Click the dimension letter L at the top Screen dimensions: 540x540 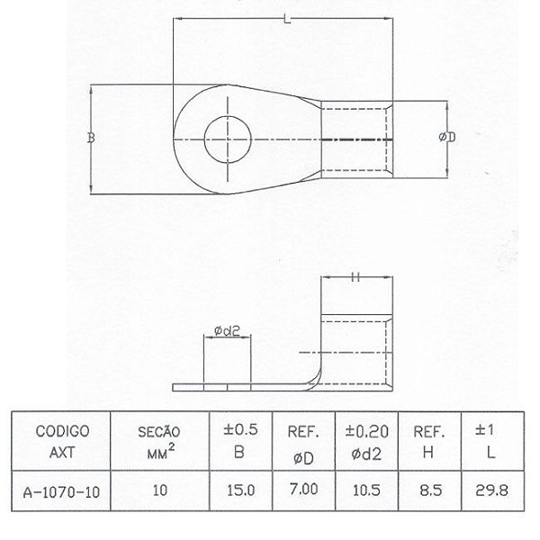tap(285, 20)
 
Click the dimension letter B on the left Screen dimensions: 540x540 tap(90, 138)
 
